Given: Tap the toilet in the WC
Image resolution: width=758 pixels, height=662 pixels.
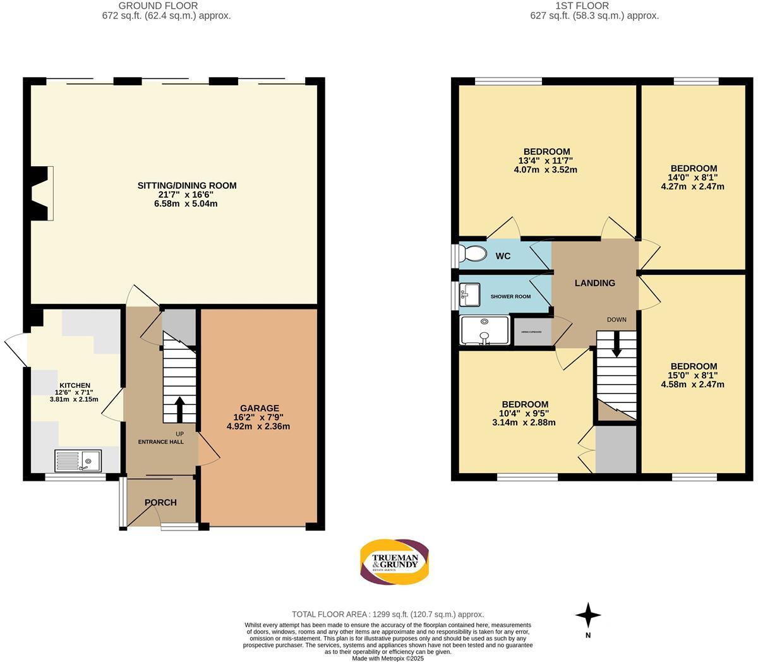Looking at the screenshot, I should click(x=472, y=254).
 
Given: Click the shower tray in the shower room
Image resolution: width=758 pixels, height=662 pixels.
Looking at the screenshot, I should click(x=484, y=331).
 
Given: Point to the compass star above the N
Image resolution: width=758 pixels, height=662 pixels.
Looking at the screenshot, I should click(x=588, y=615).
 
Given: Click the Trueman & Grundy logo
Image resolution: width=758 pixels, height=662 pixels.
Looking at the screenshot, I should click(x=395, y=562).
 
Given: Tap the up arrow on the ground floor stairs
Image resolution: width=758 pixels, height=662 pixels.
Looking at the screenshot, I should click(x=179, y=409).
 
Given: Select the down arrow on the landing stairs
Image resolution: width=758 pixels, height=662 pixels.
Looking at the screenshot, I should click(x=616, y=345).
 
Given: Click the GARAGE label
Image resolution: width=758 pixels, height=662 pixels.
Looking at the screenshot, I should click(x=259, y=408).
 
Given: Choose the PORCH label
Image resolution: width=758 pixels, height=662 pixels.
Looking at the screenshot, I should click(x=160, y=502).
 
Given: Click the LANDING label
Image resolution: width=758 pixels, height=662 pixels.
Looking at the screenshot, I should click(x=594, y=283).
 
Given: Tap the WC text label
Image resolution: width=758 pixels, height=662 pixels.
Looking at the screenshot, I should click(x=503, y=256).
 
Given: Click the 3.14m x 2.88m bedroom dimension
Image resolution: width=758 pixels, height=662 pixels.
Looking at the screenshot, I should click(x=525, y=423).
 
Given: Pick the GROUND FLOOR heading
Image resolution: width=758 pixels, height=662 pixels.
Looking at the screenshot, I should click(x=166, y=6).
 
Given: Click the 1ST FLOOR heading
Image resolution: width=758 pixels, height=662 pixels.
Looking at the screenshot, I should click(x=582, y=6).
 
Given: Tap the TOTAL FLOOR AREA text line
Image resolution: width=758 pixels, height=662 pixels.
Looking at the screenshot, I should click(x=388, y=614).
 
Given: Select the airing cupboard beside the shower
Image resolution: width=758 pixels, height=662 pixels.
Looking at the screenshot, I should click(x=532, y=332).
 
